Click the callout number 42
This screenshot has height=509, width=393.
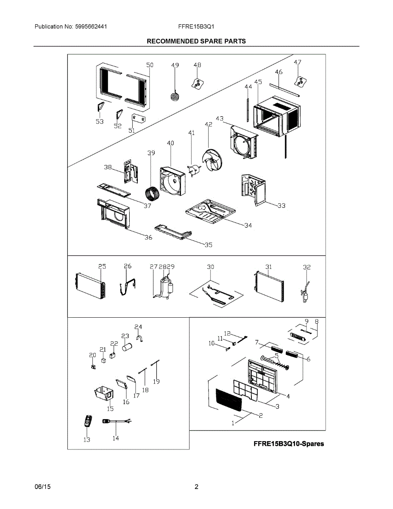pos(208,124)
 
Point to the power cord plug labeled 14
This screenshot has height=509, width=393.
pos(107,421)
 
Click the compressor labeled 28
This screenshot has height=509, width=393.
pos(164,287)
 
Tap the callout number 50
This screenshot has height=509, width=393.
pos(150,65)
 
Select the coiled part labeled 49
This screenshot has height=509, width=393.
pos(175,96)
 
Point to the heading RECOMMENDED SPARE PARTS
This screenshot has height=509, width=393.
pos(196,41)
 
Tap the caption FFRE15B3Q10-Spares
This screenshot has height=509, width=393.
pos(288,444)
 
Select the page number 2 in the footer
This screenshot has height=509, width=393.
pos(196,487)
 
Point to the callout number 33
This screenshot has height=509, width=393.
pos(282,206)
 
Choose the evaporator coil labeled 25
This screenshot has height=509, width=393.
pos(90,285)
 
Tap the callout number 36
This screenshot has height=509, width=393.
pos(148,238)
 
